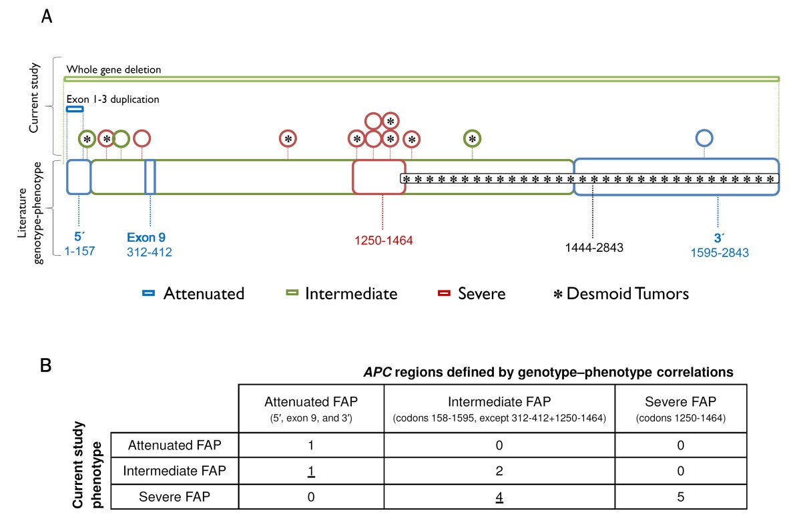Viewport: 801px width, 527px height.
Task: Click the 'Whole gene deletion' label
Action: [113, 69]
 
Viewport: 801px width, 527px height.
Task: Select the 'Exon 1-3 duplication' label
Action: [113, 100]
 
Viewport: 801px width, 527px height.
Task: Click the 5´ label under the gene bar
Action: [79, 237]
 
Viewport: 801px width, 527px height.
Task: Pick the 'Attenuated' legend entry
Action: [194, 293]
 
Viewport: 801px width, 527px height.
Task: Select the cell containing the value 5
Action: [680, 496]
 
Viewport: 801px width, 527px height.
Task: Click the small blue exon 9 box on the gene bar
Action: [150, 177]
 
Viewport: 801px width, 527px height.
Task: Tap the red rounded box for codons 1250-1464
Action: [378, 177]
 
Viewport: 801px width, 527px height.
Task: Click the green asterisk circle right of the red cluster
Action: [473, 138]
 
